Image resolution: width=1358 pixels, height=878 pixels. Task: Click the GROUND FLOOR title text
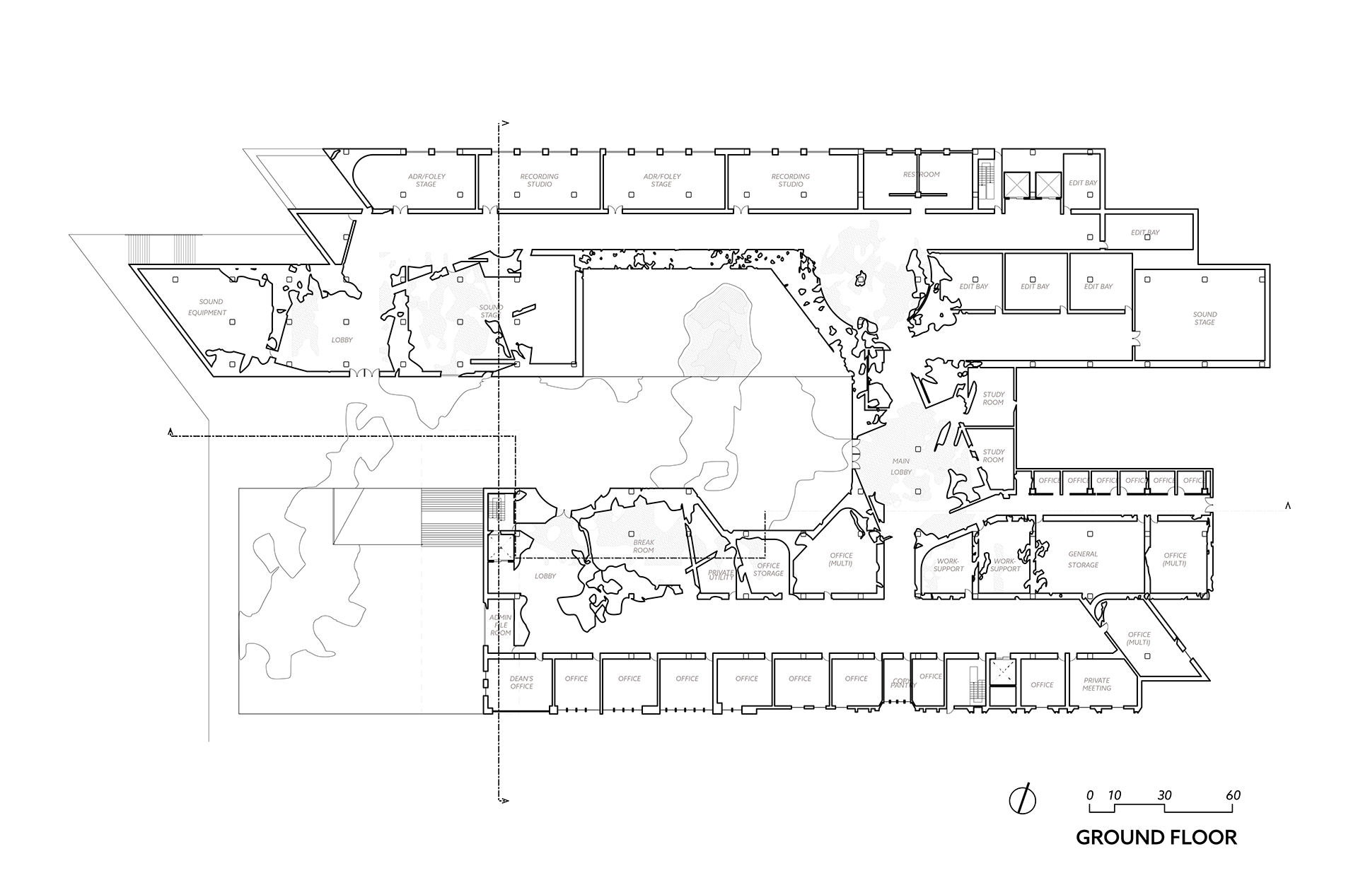pos(1156,838)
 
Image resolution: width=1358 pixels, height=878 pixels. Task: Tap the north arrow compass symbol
pos(1022,799)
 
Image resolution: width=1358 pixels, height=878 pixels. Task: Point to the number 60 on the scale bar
pos(1233,795)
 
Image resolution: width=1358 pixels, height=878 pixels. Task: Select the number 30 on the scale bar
pos(1164,795)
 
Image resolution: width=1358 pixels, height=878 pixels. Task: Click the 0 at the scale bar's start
pos(1090,795)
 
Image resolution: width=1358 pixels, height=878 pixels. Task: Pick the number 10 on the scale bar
pos(1114,795)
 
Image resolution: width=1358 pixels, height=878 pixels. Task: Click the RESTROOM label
pos(921,175)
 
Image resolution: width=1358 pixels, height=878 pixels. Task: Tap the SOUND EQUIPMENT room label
pos(209,308)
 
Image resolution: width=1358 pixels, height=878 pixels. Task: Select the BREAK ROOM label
pos(643,546)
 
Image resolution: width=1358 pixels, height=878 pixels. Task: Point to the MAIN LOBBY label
pos(901,467)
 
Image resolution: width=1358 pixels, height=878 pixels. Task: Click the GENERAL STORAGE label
pos(1083,559)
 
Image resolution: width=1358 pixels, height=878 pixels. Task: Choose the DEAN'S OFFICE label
pos(521,682)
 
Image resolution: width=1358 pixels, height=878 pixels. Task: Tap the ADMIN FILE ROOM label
pos(500,625)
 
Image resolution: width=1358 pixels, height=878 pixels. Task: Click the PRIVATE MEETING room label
pos(1096,684)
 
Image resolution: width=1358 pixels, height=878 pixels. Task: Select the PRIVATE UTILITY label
pos(721,575)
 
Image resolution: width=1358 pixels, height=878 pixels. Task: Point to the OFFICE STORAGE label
pos(768,569)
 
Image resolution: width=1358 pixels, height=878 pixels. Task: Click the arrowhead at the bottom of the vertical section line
pos(504,800)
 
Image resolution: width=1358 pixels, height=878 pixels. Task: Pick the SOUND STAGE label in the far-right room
pos(1205,318)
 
